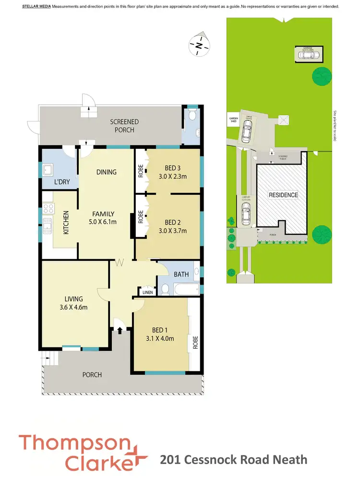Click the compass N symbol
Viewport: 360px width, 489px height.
coord(198,45)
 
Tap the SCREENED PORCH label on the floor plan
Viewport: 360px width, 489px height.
coord(124,126)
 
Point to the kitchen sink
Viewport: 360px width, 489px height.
coord(47,226)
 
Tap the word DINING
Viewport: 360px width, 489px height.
coord(106,172)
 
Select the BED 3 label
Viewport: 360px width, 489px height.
coord(173,168)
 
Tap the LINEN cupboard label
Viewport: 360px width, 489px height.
coord(147,292)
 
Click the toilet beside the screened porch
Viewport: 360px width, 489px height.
coord(192,116)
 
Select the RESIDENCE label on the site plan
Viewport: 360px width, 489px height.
coord(283,195)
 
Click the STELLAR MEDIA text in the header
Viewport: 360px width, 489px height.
coord(36,7)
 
